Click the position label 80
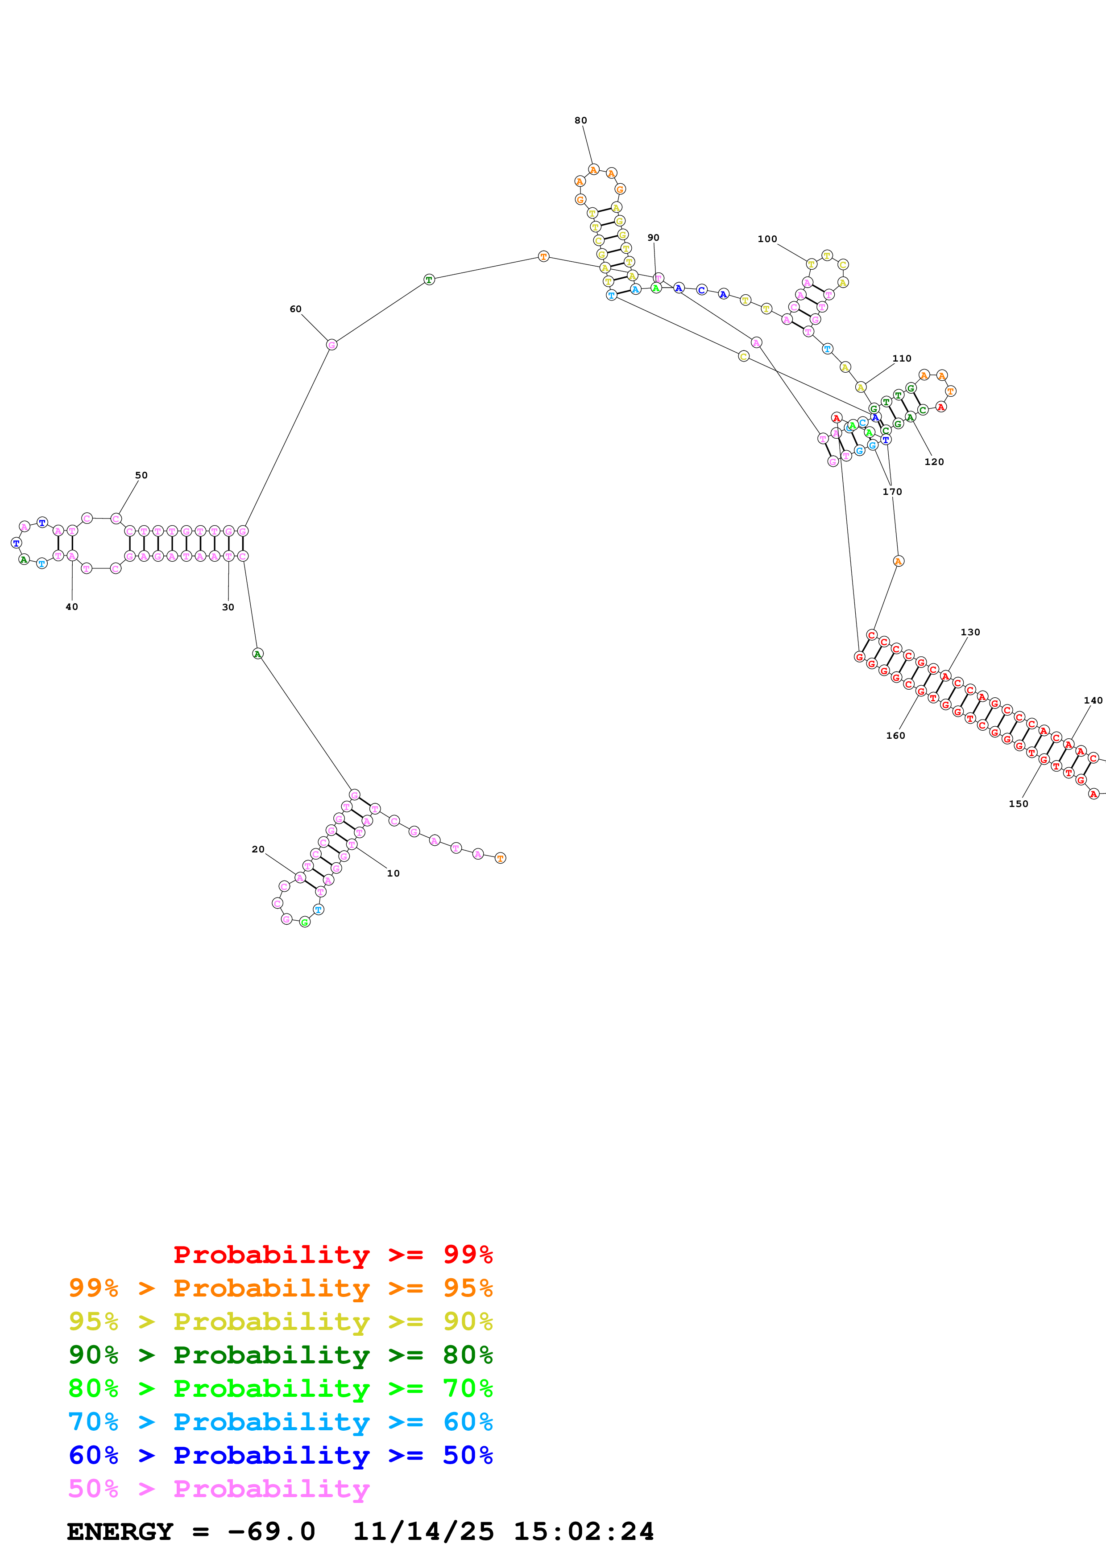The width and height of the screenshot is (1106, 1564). pyautogui.click(x=580, y=120)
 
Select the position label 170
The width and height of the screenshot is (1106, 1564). pyautogui.click(x=891, y=492)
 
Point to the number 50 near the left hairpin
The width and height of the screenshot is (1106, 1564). pyautogui.click(x=141, y=475)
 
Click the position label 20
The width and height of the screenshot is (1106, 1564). pyautogui.click(x=257, y=849)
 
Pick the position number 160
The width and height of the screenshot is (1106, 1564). pyautogui.click(x=895, y=736)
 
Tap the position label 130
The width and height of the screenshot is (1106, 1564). pyautogui.click(x=970, y=632)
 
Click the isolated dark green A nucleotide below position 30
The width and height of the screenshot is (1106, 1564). pyautogui.click(x=257, y=654)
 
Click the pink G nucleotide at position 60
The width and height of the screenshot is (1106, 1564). pyautogui.click(x=331, y=345)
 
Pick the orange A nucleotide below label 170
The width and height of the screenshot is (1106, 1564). pyautogui.click(x=898, y=561)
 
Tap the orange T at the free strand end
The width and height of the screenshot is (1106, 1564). pyautogui.click(x=500, y=858)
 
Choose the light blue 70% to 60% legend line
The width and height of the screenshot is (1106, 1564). pyautogui.click(x=280, y=1422)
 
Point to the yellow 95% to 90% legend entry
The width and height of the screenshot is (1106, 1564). pyautogui.click(x=280, y=1321)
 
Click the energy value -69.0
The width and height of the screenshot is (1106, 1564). pyautogui.click(x=271, y=1531)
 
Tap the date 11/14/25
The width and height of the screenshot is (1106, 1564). pyautogui.click(x=423, y=1531)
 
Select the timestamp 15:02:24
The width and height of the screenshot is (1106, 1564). pyautogui.click(x=583, y=1531)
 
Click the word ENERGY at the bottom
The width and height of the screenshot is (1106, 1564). pyautogui.click(x=120, y=1531)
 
